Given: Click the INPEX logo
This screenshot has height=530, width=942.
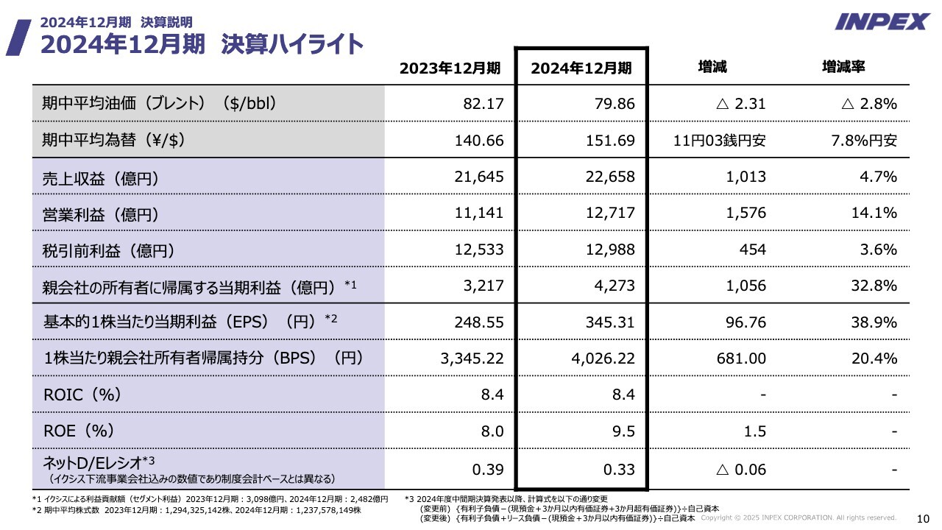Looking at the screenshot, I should click(882, 21).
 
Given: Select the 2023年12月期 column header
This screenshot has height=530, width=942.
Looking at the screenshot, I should click(450, 68).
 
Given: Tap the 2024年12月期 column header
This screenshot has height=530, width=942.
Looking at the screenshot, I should click(581, 68).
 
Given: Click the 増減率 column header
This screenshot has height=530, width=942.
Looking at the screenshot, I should click(843, 67).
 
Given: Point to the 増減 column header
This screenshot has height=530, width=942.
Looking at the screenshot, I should click(712, 67).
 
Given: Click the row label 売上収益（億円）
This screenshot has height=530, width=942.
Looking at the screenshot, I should click(101, 177).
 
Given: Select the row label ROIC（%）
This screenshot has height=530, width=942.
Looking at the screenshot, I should click(82, 395).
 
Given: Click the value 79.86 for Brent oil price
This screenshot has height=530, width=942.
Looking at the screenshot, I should click(615, 104).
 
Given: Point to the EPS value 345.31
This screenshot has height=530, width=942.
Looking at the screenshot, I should click(610, 322).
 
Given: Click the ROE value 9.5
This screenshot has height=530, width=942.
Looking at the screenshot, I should click(624, 431).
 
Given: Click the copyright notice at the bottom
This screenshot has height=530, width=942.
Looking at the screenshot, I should click(798, 517).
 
